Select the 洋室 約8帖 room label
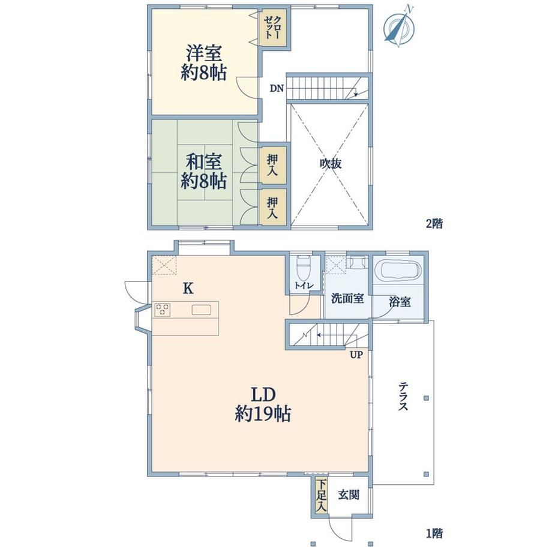point(203,63)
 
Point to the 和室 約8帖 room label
point(203,171)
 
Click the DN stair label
point(277,88)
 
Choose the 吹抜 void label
point(331,164)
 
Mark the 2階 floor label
point(434,223)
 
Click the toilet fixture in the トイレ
point(304,267)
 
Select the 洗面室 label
point(347,299)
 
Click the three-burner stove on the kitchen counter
point(162,310)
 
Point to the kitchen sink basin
point(202,310)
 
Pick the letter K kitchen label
point(188,289)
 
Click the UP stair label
point(356,355)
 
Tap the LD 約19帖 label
point(263,404)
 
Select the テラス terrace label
point(403,397)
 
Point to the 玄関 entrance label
point(349,495)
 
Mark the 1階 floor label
point(434,533)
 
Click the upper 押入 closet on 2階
point(272,164)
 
